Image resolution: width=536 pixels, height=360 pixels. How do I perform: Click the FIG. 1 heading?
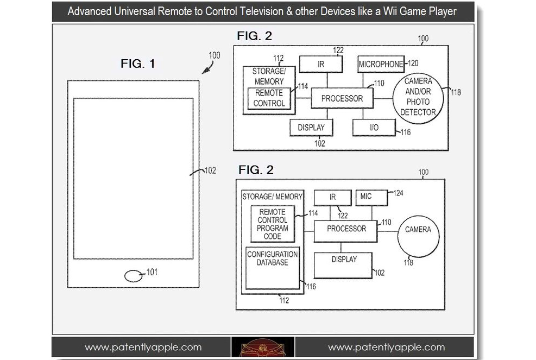pyautogui.click(x=137, y=64)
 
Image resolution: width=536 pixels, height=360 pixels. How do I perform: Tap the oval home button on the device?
pyautogui.click(x=133, y=276)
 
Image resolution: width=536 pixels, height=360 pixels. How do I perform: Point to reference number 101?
pyautogui.click(x=152, y=272)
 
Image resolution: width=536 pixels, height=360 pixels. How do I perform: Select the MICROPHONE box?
pyautogui.click(x=381, y=64)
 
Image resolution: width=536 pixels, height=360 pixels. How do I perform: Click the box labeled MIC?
pyautogui.click(x=371, y=198)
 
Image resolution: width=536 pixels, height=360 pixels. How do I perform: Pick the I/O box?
pyautogui.click(x=374, y=128)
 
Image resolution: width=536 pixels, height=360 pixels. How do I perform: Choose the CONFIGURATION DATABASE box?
pyautogui.click(x=273, y=268)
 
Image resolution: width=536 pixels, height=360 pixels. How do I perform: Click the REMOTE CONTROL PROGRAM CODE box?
pyautogui.click(x=273, y=224)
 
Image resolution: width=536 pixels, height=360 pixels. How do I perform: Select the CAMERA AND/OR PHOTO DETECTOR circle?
pyautogui.click(x=418, y=98)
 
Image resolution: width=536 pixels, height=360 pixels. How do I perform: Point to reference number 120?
pyautogui.click(x=413, y=63)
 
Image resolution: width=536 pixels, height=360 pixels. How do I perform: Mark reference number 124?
pyautogui.click(x=398, y=193)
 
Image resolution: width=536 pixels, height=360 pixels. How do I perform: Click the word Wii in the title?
pyautogui.click(x=390, y=11)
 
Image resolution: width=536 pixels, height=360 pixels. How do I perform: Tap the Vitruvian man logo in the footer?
pyautogui.click(x=263, y=348)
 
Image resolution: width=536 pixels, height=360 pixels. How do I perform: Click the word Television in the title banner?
pyautogui.click(x=261, y=11)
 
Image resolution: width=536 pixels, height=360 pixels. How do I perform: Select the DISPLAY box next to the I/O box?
pyautogui.click(x=311, y=128)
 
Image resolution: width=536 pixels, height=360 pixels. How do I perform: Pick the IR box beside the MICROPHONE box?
pyautogui.click(x=320, y=64)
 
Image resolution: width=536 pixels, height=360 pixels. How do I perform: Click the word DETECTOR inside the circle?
pyautogui.click(x=418, y=112)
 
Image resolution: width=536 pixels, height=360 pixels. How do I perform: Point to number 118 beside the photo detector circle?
pyautogui.click(x=456, y=92)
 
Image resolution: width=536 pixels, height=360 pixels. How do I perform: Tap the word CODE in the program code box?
pyautogui.click(x=273, y=236)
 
